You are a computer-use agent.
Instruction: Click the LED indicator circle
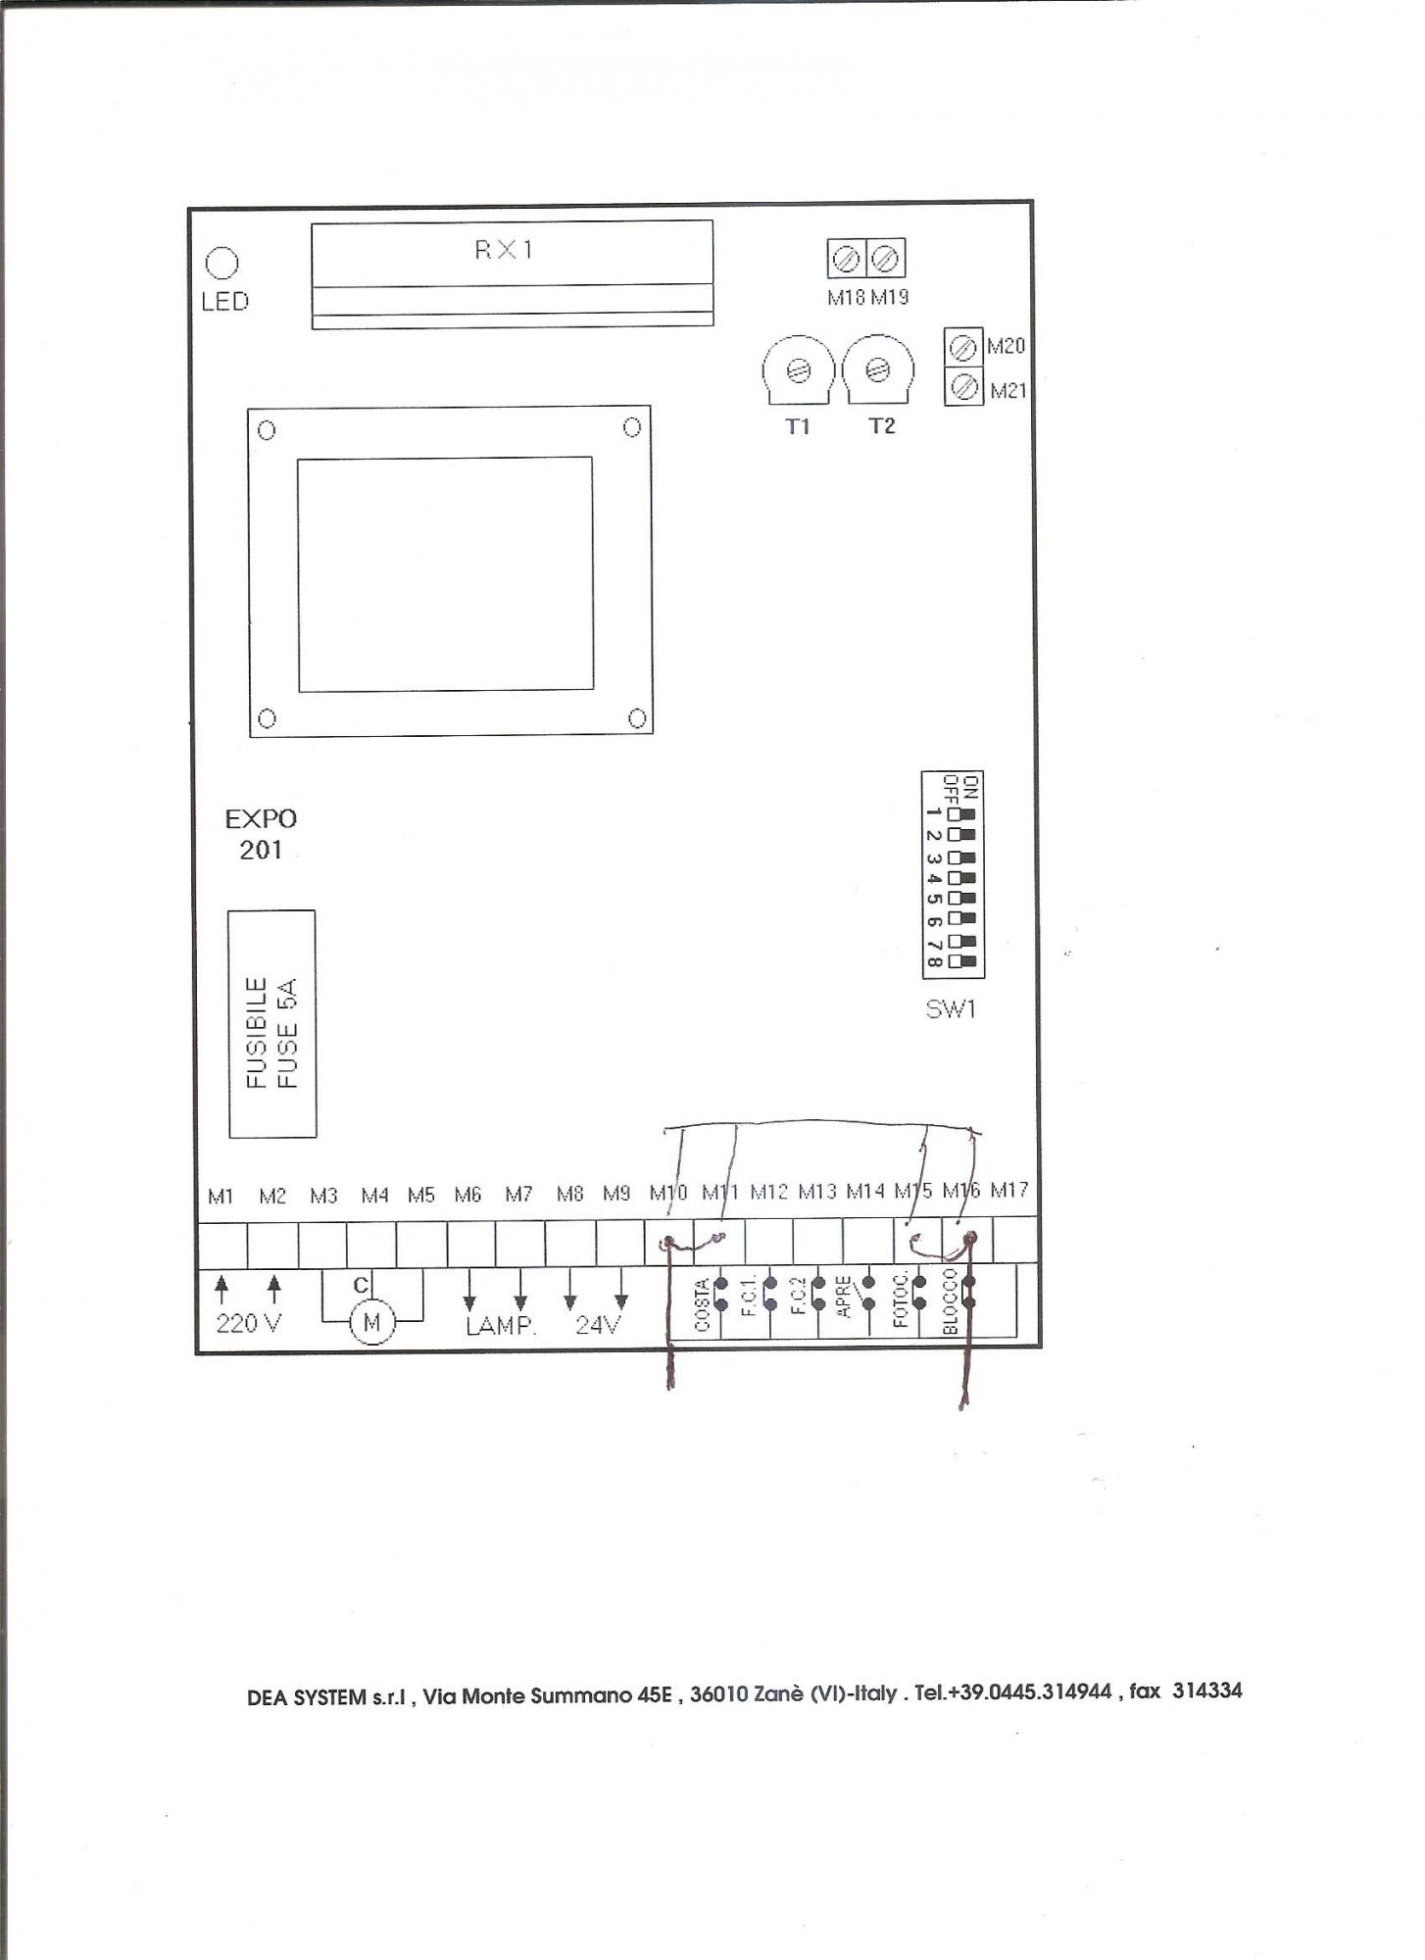pyautogui.click(x=222, y=264)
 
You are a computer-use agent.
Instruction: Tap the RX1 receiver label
pyautogui.click(x=505, y=250)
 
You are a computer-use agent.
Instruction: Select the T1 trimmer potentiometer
pyautogui.click(x=799, y=370)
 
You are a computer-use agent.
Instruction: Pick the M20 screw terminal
pyautogui.click(x=963, y=347)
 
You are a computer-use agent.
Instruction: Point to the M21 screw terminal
pyautogui.click(x=963, y=386)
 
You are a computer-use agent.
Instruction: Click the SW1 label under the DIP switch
pyautogui.click(x=951, y=1009)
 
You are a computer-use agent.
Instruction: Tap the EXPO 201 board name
pyautogui.click(x=261, y=834)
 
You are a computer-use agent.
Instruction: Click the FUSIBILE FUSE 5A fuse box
pyautogui.click(x=272, y=1024)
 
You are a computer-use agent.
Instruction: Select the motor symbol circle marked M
pyautogui.click(x=371, y=1323)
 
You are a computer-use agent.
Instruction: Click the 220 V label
pyautogui.click(x=249, y=1324)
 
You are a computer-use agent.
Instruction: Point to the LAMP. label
pyautogui.click(x=501, y=1326)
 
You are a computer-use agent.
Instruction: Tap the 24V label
pyautogui.click(x=598, y=1325)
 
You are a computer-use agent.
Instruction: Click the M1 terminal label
pyautogui.click(x=221, y=1196)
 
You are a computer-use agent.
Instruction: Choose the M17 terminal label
pyautogui.click(x=1008, y=1191)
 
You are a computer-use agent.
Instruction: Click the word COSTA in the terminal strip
pyautogui.click(x=702, y=1305)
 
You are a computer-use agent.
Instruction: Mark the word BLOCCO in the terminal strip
pyautogui.click(x=949, y=1300)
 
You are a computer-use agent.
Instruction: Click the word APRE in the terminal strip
pyautogui.click(x=843, y=1295)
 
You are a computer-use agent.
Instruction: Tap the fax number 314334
pyautogui.click(x=1207, y=1690)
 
